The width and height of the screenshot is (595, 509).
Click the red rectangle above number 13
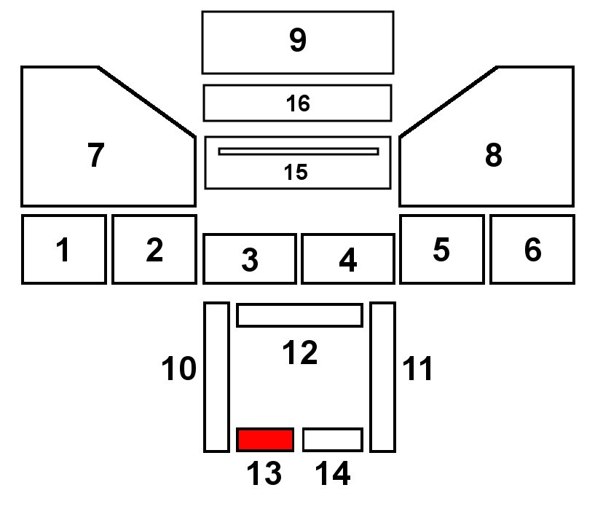265,440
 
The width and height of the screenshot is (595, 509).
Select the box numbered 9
297,42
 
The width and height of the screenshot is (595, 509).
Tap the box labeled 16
297,103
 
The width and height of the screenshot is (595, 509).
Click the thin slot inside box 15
299,151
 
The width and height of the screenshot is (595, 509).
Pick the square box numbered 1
64,249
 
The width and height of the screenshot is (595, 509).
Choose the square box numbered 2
154,249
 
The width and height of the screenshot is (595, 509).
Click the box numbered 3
249,259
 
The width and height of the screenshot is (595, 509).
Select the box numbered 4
347,259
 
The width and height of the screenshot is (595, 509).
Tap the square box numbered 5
441,249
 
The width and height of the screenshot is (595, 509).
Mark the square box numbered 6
532,249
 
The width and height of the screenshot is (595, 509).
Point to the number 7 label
95,155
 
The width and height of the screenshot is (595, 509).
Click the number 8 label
493,155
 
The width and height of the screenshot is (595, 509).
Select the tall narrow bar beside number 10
216,376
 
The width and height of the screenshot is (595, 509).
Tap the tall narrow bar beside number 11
382,376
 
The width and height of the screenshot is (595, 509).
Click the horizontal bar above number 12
299,315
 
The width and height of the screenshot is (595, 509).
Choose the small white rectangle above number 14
332,440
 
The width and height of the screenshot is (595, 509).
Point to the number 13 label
263,475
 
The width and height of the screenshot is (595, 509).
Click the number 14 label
333,475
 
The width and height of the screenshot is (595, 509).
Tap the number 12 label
300,353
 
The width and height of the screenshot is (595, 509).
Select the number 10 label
179,370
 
